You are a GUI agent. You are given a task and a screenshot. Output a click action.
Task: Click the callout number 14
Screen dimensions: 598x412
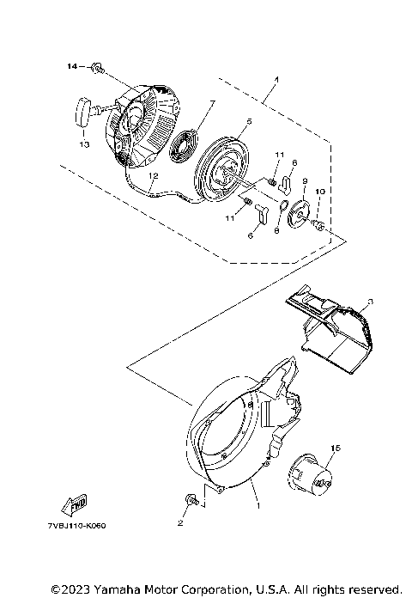(x=72, y=65)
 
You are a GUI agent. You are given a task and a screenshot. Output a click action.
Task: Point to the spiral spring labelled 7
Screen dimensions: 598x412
(x=183, y=143)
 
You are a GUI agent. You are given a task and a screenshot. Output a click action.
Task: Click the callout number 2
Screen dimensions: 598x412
(x=182, y=522)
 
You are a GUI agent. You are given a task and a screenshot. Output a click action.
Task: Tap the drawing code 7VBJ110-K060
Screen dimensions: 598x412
(x=71, y=526)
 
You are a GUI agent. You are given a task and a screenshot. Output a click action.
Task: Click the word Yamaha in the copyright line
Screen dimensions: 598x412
(x=111, y=589)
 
